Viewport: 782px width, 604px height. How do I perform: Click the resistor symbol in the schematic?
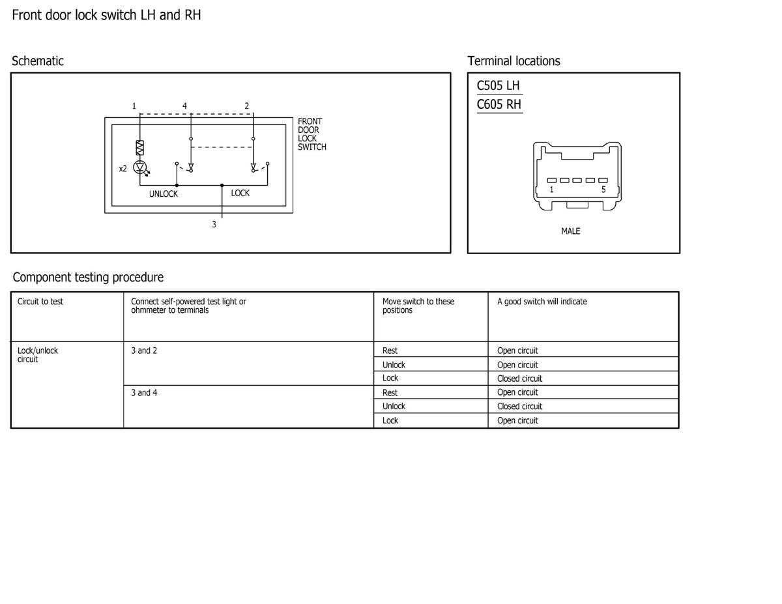139,147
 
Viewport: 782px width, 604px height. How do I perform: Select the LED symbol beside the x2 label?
140,167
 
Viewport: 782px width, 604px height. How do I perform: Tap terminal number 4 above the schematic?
184,106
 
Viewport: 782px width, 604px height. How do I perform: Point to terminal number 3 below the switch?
214,224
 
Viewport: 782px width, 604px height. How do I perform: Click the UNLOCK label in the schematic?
164,194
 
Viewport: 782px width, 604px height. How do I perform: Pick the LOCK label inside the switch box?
240,193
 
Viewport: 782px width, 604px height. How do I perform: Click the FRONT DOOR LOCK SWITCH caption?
311,134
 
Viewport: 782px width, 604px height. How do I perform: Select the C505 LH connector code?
498,85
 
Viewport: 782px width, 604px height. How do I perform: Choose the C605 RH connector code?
499,104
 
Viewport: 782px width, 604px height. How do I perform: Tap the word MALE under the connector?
570,231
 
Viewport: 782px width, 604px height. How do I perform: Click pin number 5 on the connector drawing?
603,189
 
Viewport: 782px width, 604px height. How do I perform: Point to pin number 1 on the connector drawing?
551,189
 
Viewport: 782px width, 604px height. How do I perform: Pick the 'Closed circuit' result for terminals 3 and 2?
519,379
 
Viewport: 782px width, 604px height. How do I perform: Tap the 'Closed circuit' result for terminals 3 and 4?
519,406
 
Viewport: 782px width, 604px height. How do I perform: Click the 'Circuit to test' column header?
40,302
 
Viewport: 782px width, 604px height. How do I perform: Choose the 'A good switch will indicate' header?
542,302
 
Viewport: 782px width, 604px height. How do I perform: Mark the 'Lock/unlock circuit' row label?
37,354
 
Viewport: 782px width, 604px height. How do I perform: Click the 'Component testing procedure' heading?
88,277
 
